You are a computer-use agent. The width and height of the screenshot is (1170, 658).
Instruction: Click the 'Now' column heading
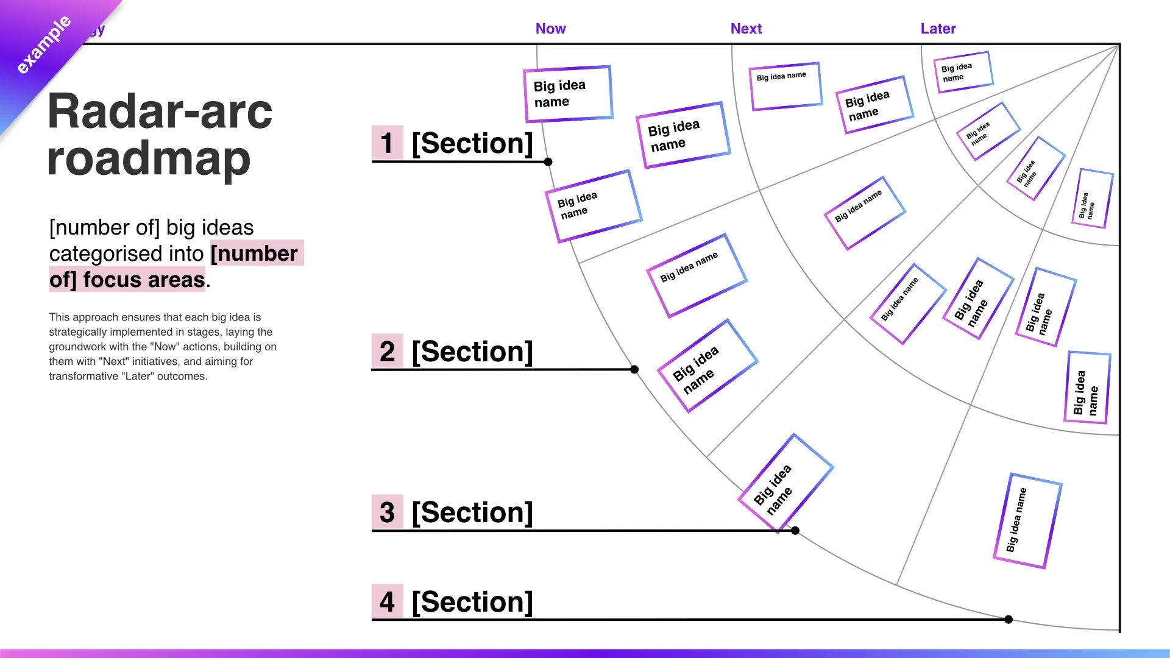pyautogui.click(x=550, y=29)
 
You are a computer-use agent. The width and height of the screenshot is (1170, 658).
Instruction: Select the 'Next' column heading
pyautogui.click(x=746, y=29)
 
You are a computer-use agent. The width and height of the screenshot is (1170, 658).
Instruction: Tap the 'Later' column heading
pyautogui.click(x=938, y=29)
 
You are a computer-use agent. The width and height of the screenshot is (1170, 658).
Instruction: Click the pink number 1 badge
pyautogui.click(x=387, y=143)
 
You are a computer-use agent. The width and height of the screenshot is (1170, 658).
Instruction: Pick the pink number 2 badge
pyautogui.click(x=387, y=352)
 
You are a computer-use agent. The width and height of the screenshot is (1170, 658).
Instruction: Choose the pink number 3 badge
pyautogui.click(x=387, y=512)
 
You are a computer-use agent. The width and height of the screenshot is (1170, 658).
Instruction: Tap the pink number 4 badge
pyautogui.click(x=387, y=602)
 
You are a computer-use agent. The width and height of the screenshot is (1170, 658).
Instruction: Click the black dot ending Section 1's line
pyautogui.click(x=548, y=161)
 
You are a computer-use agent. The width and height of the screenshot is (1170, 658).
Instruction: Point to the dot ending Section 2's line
pyautogui.click(x=634, y=369)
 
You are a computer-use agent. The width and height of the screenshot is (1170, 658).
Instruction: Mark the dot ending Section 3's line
pyautogui.click(x=795, y=531)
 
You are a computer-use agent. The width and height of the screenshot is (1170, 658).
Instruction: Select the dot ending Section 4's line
pyautogui.click(x=1009, y=620)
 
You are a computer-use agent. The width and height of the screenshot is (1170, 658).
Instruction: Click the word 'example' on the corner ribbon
pyautogui.click(x=43, y=45)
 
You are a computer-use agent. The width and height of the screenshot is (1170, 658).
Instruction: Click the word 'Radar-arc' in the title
pyautogui.click(x=160, y=111)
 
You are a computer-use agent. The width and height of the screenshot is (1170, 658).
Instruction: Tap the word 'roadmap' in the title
pyautogui.click(x=149, y=158)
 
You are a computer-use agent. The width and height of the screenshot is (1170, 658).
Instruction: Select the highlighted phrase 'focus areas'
pyautogui.click(x=144, y=280)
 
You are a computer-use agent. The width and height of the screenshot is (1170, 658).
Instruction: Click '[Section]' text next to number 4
pyautogui.click(x=472, y=602)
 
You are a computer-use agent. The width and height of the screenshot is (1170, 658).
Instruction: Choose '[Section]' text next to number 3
pyautogui.click(x=472, y=512)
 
